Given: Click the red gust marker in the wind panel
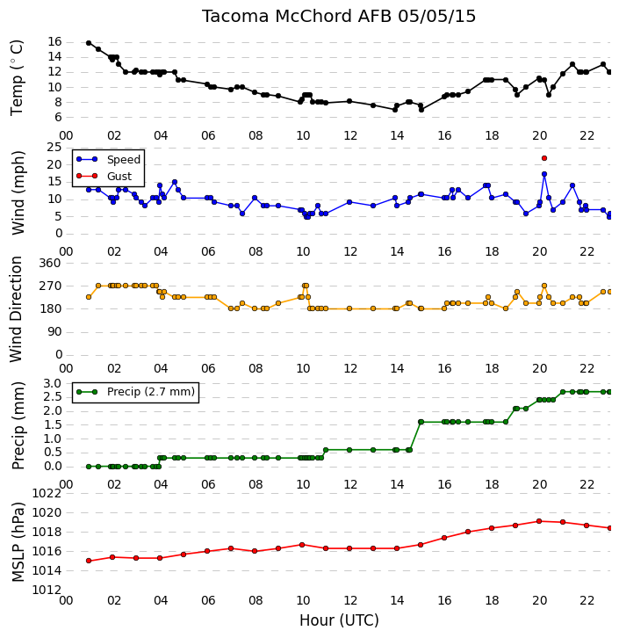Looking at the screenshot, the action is click(x=544, y=158).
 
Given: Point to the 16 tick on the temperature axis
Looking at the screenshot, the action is click(x=54, y=42).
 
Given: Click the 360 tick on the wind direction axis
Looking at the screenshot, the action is click(x=50, y=264).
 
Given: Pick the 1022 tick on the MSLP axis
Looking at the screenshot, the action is click(x=47, y=494).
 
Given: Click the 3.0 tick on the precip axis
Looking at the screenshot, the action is click(x=52, y=384).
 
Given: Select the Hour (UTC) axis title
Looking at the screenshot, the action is click(x=339, y=620).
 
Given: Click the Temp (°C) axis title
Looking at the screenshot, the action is click(x=17, y=77).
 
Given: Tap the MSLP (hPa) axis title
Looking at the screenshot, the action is click(x=18, y=542).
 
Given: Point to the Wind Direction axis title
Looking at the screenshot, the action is click(x=16, y=309).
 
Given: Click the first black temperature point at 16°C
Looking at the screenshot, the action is click(x=89, y=43).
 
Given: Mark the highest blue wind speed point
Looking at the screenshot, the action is click(x=544, y=174).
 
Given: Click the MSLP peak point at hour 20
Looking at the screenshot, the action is click(x=539, y=521).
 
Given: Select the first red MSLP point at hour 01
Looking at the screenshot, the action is click(x=89, y=561).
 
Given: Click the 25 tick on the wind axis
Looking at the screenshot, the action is click(x=54, y=148).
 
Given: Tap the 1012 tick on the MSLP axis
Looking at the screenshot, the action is click(x=47, y=590).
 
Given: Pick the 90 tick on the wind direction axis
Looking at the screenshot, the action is click(x=54, y=332).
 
